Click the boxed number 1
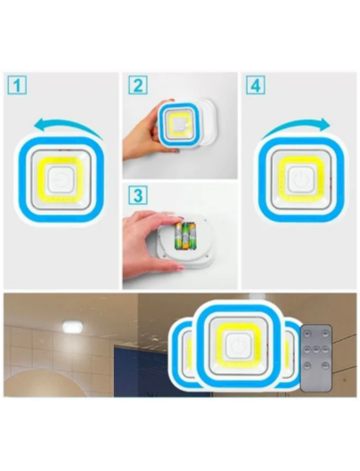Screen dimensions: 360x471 [17, 85]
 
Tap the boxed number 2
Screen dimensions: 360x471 [138, 85]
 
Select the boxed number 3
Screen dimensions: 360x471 [138, 195]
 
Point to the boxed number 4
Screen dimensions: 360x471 [256, 85]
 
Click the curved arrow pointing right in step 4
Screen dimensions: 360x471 [296, 126]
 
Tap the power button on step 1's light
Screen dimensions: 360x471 [61, 180]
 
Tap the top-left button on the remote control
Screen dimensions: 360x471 [307, 334]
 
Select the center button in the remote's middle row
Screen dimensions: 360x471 [316, 349]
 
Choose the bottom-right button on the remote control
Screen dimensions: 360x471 [325, 365]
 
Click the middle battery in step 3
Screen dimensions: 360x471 [185, 236]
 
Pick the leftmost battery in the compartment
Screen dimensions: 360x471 [178, 236]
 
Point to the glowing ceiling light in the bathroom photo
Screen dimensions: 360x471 [73, 327]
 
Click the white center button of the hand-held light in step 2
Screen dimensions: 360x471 [179, 125]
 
